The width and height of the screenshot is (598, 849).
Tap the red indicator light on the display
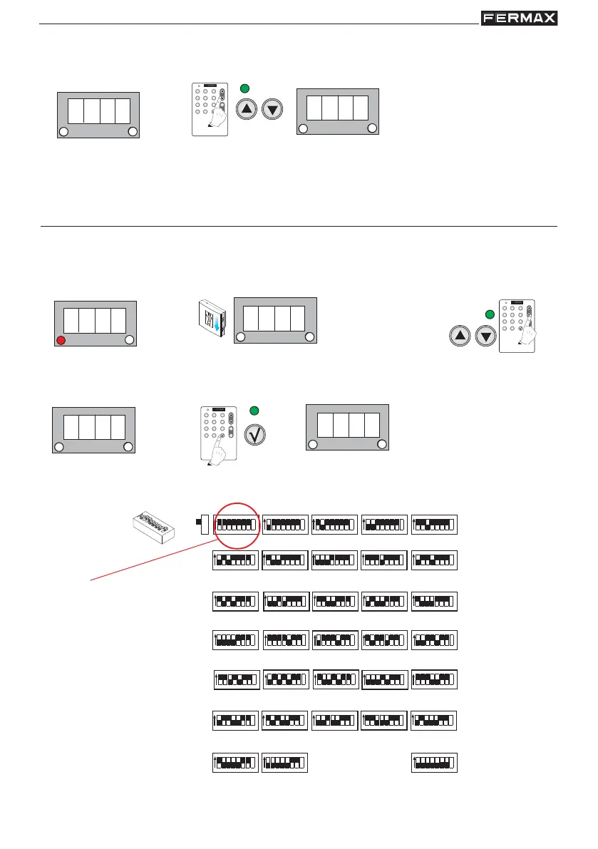click(x=61, y=341)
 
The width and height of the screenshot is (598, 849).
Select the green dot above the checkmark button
click(x=254, y=410)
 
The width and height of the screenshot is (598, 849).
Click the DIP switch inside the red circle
click(x=235, y=525)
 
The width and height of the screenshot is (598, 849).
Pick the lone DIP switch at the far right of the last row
click(x=434, y=763)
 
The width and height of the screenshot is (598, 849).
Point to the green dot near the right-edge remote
click(x=490, y=314)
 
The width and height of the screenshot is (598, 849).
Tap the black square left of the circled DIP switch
click(x=198, y=525)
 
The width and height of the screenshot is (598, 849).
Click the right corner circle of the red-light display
click(x=129, y=341)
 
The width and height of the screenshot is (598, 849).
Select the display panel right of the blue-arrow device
click(x=275, y=319)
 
